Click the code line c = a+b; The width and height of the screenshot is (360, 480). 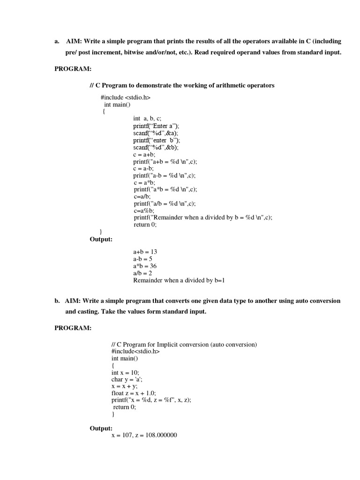tap(144, 154)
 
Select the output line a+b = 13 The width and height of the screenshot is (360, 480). tap(145, 252)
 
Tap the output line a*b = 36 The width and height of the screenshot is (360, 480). tap(145, 266)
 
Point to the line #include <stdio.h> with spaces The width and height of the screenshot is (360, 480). tap(125, 97)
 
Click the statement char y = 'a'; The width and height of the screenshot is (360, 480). tap(127, 379)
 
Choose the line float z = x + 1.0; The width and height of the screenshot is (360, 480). tap(134, 393)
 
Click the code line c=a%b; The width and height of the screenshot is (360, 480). tap(144, 210)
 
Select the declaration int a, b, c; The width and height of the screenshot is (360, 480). tap(147, 119)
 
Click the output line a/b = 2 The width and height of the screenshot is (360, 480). tap(142, 273)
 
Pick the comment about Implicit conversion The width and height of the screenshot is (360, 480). tap(184, 345)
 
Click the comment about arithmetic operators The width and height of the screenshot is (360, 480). tap(182, 85)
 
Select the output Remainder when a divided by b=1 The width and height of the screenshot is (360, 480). tap(179, 280)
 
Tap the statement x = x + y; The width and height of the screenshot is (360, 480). tap(124, 386)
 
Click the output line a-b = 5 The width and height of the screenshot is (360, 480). tap(142, 259)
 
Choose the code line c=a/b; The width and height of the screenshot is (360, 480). tap(142, 196)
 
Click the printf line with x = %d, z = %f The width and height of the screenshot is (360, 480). tap(151, 400)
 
